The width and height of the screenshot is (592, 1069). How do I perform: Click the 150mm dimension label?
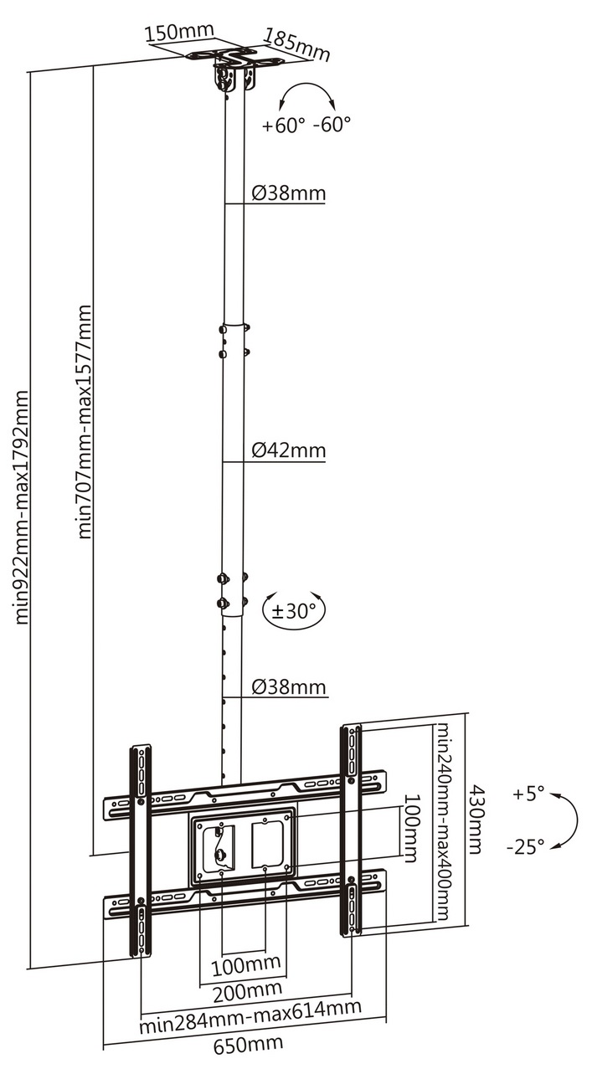click(179, 32)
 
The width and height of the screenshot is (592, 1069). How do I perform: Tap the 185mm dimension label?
click(297, 44)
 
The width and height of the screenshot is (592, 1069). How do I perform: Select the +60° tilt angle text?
click(283, 126)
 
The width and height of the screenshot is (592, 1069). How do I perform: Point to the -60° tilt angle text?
click(332, 125)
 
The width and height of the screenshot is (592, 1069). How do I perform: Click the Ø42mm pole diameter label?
click(289, 450)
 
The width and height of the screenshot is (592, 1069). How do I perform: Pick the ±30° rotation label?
click(294, 610)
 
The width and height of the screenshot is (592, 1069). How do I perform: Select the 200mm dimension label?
click(247, 990)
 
